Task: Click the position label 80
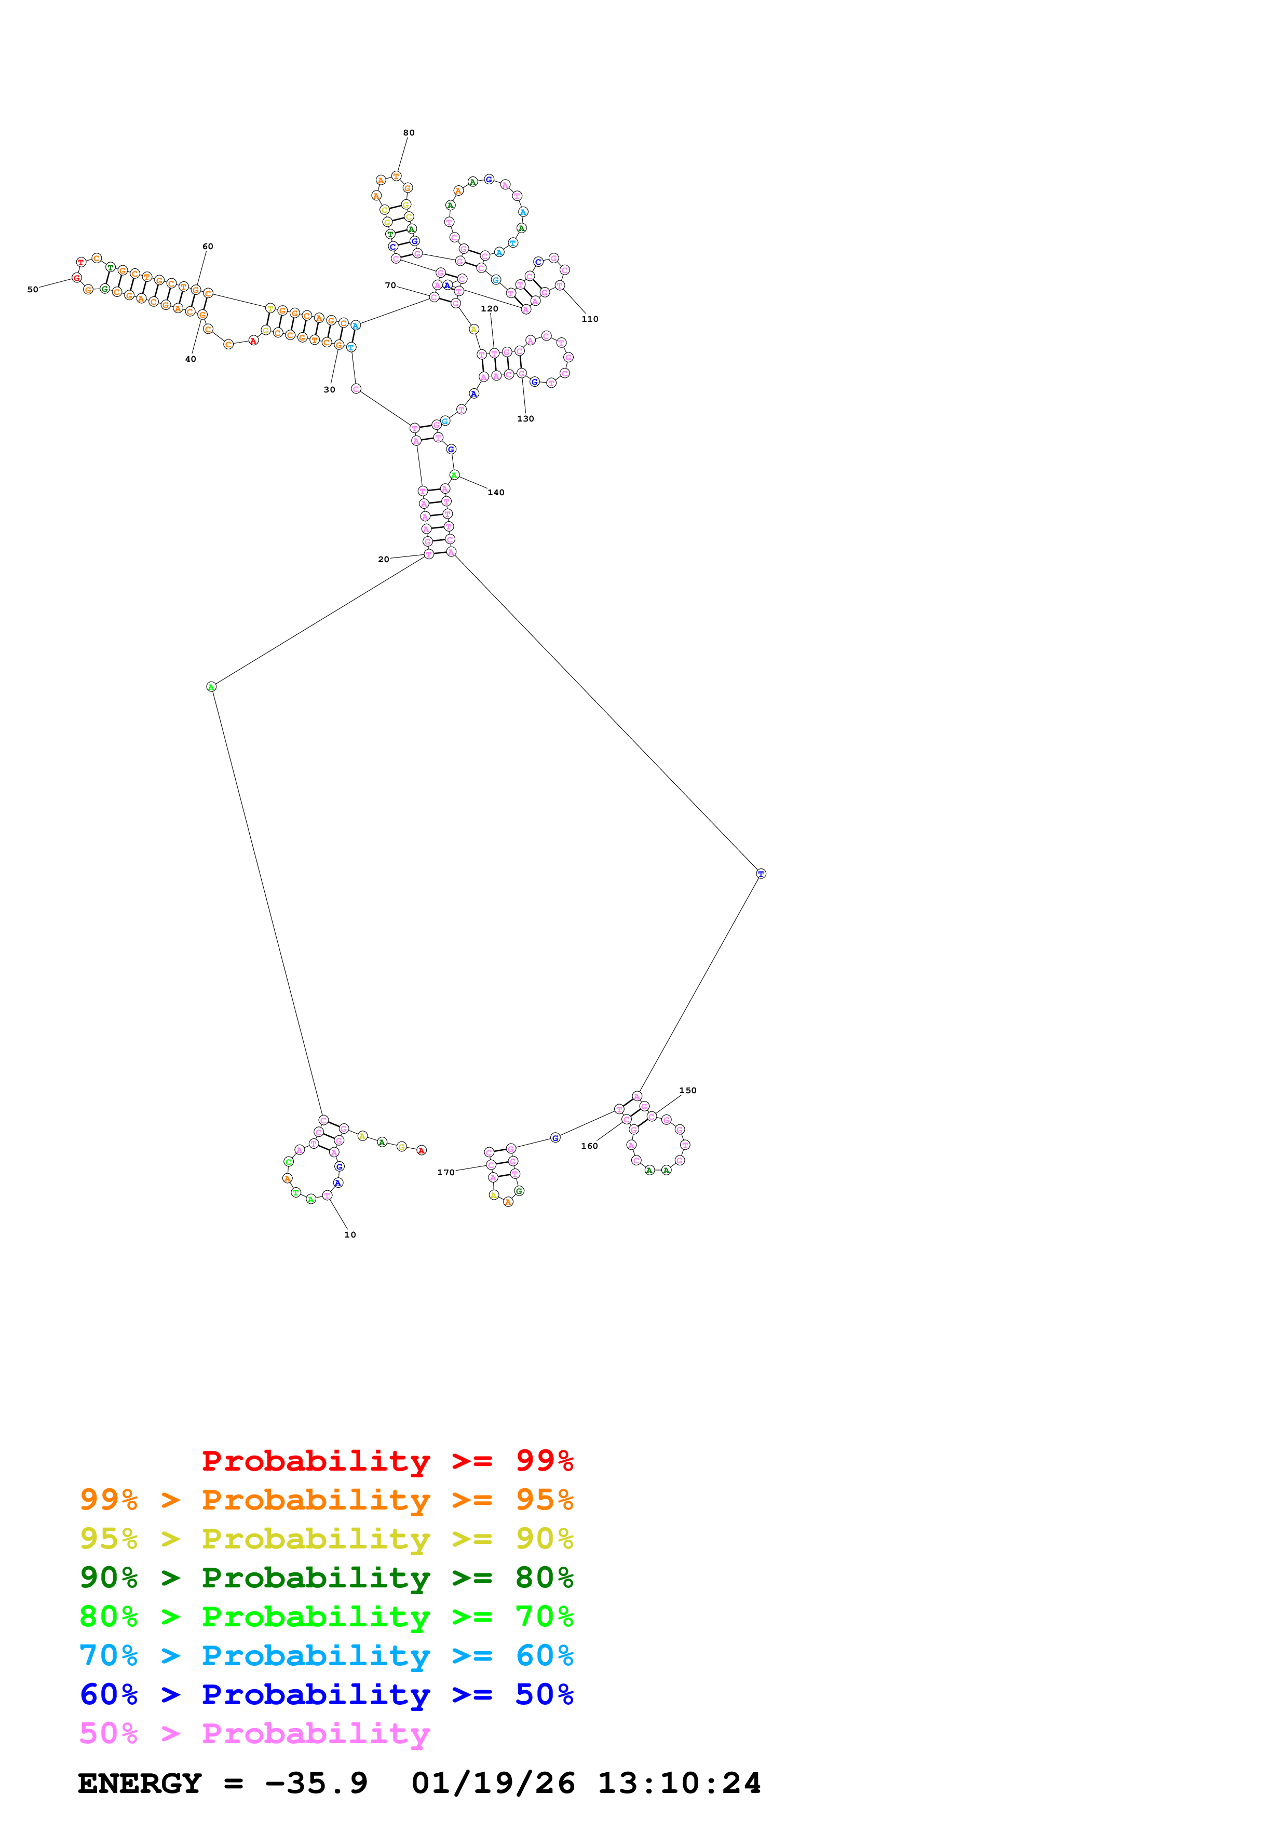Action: click(409, 132)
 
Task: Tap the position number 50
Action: click(33, 290)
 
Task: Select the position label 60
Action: click(208, 247)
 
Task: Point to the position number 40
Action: click(191, 359)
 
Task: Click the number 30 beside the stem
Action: click(329, 389)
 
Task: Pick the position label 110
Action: click(590, 319)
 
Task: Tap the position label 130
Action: click(526, 419)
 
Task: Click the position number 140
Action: click(496, 493)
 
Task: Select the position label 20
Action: click(384, 559)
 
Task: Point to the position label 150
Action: click(687, 1091)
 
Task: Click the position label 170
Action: click(445, 1172)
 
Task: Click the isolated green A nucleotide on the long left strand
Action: click(211, 687)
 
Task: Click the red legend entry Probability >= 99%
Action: click(387, 1461)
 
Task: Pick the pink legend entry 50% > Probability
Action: click(254, 1734)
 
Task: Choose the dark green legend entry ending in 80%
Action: click(326, 1578)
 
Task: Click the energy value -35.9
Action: click(316, 1784)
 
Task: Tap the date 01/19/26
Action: click(493, 1784)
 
